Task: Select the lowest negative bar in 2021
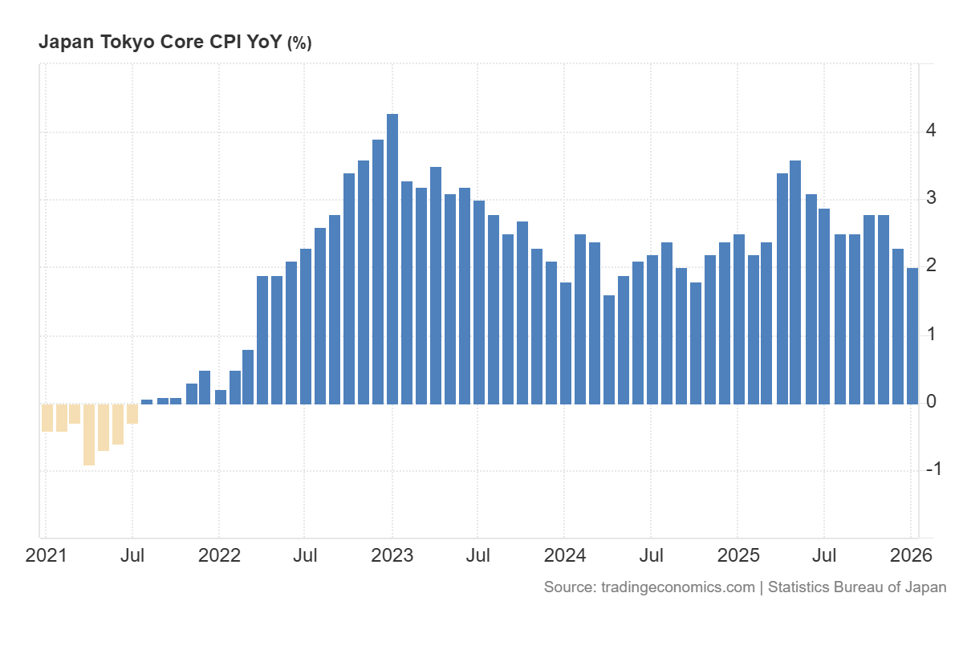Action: (89, 434)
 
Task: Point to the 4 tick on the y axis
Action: (931, 130)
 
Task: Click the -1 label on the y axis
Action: (933, 469)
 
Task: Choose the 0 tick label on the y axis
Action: (931, 401)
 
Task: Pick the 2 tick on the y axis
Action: (931, 266)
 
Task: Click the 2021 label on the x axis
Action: (47, 555)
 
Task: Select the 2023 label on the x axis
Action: (392, 555)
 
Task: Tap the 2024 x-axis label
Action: (565, 555)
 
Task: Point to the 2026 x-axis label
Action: (911, 555)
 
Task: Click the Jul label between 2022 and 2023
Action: (306, 555)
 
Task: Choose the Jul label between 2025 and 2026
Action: (824, 555)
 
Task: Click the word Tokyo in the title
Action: (127, 43)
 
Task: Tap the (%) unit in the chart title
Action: (299, 43)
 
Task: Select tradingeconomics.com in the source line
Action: (678, 587)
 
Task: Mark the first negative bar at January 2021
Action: (47, 417)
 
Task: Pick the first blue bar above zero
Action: (147, 401)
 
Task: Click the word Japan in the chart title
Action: (66, 43)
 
